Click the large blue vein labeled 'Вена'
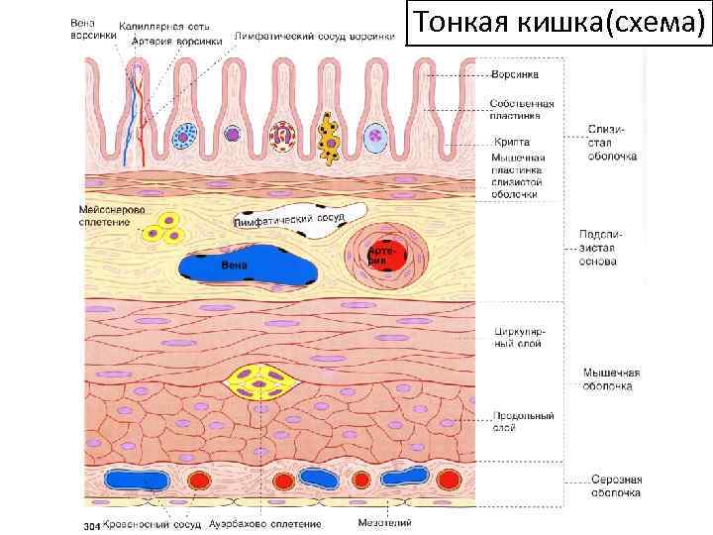click(x=248, y=266)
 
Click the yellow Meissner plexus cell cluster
click(x=165, y=228)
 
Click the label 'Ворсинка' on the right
click(x=515, y=74)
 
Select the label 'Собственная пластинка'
click(x=522, y=109)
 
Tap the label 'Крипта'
click(x=512, y=143)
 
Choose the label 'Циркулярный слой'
click(x=517, y=337)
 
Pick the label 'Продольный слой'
click(x=523, y=421)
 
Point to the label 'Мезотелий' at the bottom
click(x=384, y=522)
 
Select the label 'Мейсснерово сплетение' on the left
click(x=112, y=216)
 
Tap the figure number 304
click(x=94, y=524)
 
